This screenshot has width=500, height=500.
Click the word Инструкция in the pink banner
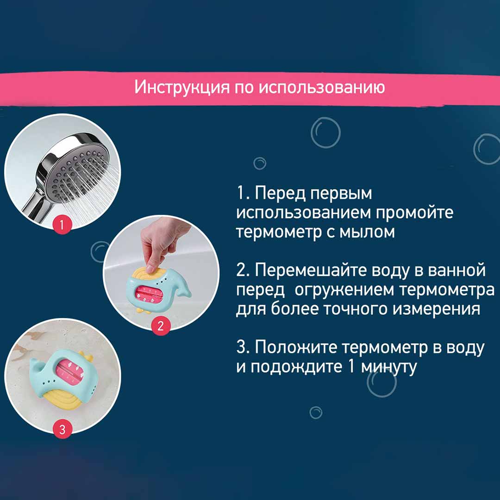(182, 87)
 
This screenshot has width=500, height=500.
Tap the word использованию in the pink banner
(322, 87)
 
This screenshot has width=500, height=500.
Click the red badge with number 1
(62, 225)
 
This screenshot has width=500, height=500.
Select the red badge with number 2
(160, 325)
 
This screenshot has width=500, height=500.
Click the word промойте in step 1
(414, 212)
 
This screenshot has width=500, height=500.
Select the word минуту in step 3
(389, 367)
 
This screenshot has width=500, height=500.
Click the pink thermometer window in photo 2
(149, 295)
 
